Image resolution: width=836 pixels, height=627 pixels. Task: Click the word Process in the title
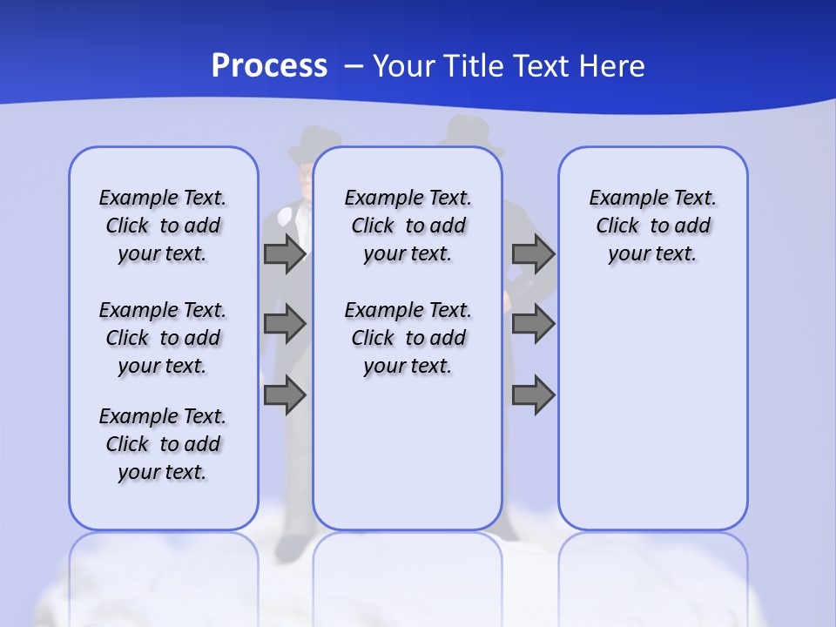point(269,66)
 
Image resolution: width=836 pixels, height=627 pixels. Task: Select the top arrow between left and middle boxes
point(285,254)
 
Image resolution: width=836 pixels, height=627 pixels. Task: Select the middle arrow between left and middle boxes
point(285,324)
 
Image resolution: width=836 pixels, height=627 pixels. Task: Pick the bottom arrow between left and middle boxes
point(285,394)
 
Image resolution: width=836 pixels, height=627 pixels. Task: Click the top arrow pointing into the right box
point(533,254)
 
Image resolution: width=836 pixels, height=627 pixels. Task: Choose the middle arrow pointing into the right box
point(533,324)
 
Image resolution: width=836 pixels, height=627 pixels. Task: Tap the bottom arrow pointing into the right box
point(533,394)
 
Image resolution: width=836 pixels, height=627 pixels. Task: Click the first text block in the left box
point(163,226)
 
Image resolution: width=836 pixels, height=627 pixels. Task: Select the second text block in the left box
point(163,338)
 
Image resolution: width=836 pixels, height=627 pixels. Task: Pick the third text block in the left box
point(163,444)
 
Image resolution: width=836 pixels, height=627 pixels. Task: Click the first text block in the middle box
point(408,226)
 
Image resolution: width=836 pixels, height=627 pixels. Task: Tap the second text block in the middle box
point(408,338)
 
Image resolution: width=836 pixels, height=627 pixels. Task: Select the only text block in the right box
point(652,226)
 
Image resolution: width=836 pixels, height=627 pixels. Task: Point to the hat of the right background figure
point(469,131)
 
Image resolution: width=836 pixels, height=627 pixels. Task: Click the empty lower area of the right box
point(652,418)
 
